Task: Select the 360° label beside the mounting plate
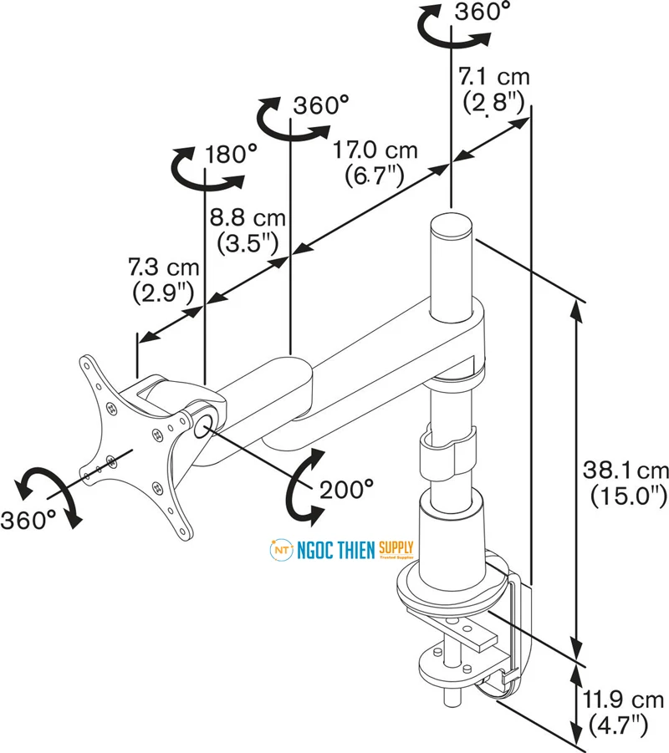[28, 519]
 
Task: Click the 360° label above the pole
[483, 13]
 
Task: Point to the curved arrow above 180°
[201, 167]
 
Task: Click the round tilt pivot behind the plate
[204, 421]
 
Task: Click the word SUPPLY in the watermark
[396, 547]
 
